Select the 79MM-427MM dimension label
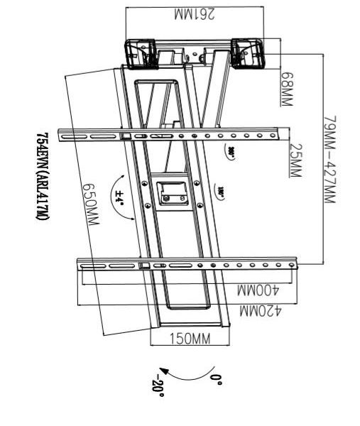(x=328, y=160)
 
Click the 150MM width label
(x=189, y=339)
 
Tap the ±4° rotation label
(x=119, y=192)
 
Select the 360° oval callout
(x=232, y=152)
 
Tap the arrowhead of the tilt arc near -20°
(x=163, y=370)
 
